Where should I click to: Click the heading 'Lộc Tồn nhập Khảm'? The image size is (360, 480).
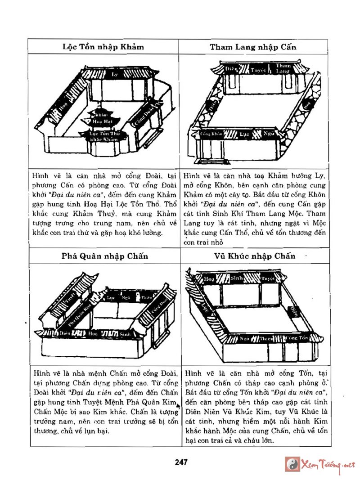click(x=103, y=47)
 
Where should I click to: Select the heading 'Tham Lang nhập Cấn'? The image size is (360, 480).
click(x=253, y=47)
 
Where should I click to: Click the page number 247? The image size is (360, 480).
click(x=181, y=462)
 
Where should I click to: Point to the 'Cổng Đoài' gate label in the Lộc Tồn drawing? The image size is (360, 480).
click(x=144, y=116)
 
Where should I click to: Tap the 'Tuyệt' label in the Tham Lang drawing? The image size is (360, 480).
click(x=258, y=70)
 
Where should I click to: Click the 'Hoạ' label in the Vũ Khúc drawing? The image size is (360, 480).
click(x=210, y=279)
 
